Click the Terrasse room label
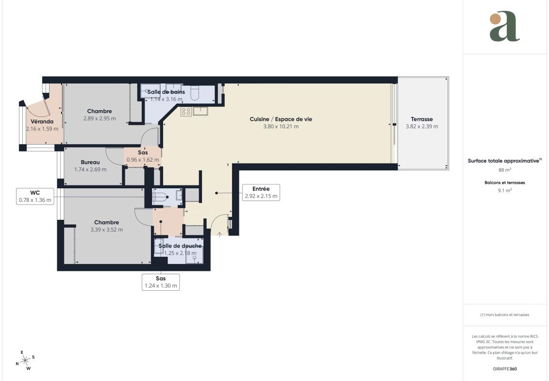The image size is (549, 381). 421,119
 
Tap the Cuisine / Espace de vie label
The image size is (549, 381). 281,119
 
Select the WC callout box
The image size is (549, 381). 35,197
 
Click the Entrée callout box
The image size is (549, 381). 261,192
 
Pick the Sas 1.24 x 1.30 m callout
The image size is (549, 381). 161,282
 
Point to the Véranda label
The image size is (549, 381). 42,121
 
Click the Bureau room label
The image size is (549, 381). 90,162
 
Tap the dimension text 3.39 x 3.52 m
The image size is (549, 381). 106,230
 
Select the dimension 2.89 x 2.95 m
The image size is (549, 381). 100,118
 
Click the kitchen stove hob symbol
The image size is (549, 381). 186,112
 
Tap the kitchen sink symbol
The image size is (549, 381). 200,111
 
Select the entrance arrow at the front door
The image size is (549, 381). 219,234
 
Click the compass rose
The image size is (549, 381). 25,360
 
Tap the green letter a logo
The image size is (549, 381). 504,26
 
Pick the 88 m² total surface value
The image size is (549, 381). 504,170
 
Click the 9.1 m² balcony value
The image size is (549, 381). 504,190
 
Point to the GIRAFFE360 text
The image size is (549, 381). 504,369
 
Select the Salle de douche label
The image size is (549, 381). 180,246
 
